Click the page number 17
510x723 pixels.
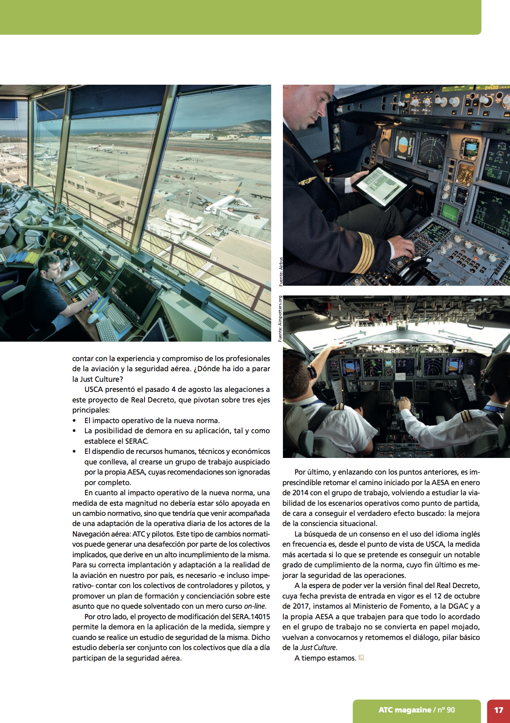(x=498, y=710)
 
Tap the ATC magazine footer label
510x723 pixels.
(x=416, y=710)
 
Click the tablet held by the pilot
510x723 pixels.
(x=380, y=186)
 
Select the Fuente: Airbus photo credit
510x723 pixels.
(x=280, y=272)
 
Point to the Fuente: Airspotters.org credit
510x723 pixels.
(x=280, y=319)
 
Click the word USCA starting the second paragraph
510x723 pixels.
(x=94, y=389)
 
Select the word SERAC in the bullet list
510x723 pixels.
(x=135, y=441)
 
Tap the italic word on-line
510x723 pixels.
(x=255, y=606)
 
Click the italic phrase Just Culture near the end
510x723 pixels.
(x=318, y=648)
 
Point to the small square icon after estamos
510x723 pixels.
(x=361, y=658)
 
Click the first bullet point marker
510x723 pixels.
(x=74, y=421)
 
